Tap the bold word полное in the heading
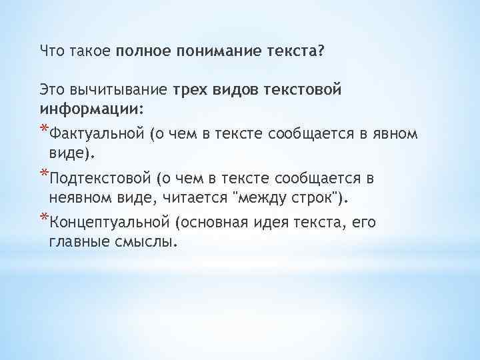(x=145, y=51)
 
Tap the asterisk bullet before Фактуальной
(x=44, y=129)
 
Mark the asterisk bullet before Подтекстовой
(x=44, y=174)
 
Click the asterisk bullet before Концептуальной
(x=44, y=218)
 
